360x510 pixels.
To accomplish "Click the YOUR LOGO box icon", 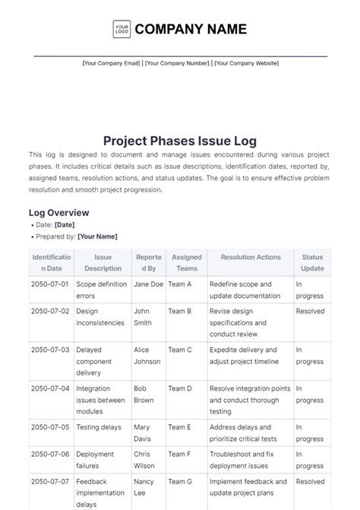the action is point(122,29).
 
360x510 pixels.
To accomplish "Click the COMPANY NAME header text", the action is point(191,29).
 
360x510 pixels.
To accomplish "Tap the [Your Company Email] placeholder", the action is point(111,63).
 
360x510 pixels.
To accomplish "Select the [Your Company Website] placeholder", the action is point(246,63).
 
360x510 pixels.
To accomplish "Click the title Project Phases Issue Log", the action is point(179,141).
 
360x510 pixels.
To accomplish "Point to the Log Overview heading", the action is point(59,213).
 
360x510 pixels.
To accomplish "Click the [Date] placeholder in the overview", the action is point(65,225).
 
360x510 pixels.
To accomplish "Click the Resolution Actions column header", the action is point(251,258).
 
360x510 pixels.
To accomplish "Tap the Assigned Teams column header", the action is point(187,263).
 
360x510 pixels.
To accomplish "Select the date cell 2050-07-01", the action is point(50,284).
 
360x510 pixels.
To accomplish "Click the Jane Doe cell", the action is point(148,284).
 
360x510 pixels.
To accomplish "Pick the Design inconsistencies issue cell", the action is point(100,317).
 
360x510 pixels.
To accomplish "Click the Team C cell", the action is point(180,350).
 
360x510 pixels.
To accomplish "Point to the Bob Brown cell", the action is point(144,394).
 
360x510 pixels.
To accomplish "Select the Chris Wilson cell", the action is point(144,460).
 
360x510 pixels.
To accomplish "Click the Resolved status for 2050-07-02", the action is point(310,311).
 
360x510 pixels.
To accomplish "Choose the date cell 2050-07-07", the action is point(50,481).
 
